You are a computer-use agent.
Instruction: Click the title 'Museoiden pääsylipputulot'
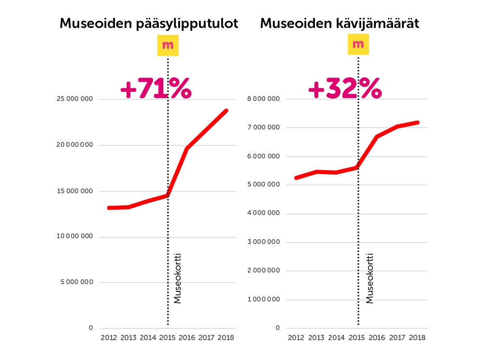tap(149, 24)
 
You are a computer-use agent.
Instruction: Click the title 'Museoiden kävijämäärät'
tap(340, 24)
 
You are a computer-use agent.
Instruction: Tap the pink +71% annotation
tap(156, 89)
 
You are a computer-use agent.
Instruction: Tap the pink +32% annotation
tap(344, 89)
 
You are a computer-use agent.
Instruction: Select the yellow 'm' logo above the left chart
tap(168, 45)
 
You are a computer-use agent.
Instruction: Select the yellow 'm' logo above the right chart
tap(358, 44)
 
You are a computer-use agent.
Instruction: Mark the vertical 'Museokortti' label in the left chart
tap(177, 278)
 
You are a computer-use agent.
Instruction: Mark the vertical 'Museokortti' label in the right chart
tap(369, 278)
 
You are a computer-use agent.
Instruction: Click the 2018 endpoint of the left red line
tap(226, 111)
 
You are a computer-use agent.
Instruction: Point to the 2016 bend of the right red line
tap(377, 137)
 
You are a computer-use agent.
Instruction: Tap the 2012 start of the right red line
tap(296, 178)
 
